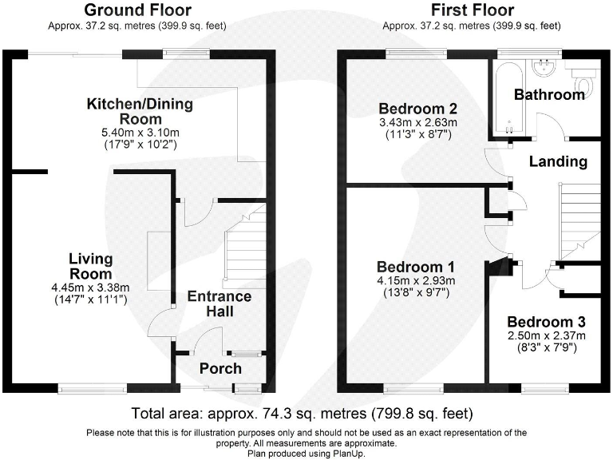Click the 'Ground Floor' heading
tap(137, 10)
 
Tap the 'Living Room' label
tap(90, 267)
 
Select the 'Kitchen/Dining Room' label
tap(140, 112)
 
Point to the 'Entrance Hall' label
tap(219, 303)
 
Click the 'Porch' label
tap(219, 368)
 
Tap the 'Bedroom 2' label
tap(417, 109)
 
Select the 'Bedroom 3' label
tap(547, 322)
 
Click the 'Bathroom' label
tap(549, 95)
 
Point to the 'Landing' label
tap(559, 161)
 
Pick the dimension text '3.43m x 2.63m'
tap(417, 123)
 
